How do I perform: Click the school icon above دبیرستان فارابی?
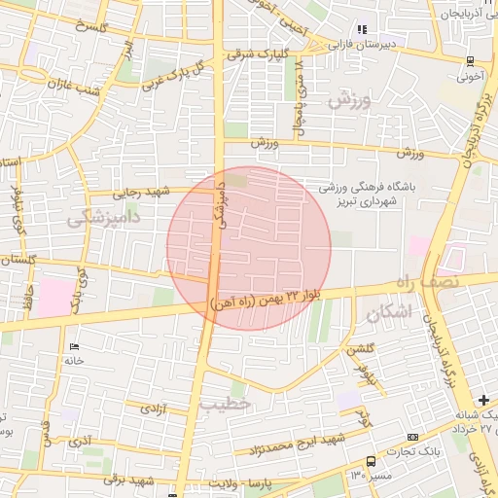[362, 29]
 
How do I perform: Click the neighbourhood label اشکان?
[389, 312]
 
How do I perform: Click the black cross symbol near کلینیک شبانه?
[484, 400]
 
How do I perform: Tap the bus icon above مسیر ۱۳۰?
[371, 461]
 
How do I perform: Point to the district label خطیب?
[225, 402]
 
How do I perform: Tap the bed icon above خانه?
[75, 346]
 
